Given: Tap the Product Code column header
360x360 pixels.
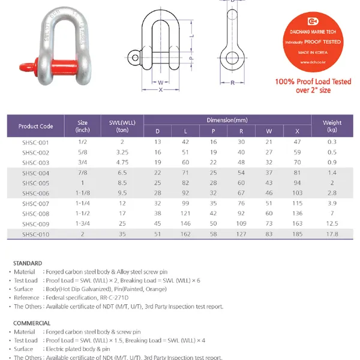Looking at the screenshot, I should [36, 127].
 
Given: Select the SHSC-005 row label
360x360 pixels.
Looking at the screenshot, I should [35, 182].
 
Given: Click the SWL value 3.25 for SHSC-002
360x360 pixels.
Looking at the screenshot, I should [122, 153].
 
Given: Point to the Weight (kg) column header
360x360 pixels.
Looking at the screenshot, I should [331, 126].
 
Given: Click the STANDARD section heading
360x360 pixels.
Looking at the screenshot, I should [28, 263].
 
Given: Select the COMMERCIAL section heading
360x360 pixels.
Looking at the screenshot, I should [31, 323].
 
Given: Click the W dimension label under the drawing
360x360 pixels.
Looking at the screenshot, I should [160, 82].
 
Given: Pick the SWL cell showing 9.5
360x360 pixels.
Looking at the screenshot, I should [122, 193].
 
